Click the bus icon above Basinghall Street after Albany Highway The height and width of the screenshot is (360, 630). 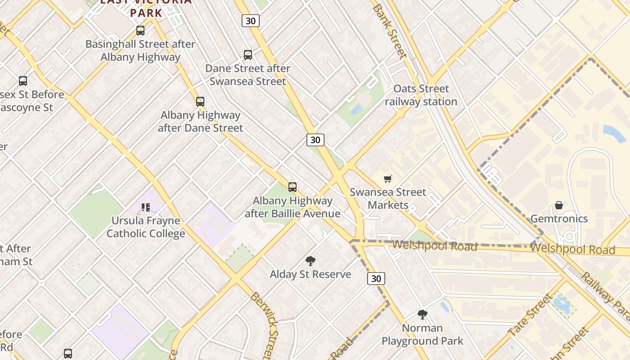(140, 31)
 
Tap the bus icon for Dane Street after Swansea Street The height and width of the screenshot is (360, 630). (248, 55)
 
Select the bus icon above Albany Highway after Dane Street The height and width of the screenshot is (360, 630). (200, 102)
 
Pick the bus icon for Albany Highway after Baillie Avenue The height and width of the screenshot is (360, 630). (292, 187)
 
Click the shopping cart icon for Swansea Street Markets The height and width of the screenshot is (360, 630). (388, 179)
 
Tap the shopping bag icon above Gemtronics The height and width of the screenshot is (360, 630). (559, 206)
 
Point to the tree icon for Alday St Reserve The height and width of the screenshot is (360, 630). (310, 261)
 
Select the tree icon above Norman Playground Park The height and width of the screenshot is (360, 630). (422, 315)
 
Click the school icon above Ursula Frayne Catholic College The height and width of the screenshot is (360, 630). (146, 207)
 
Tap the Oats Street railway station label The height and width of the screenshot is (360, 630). (421, 95)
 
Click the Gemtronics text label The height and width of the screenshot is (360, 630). (559, 219)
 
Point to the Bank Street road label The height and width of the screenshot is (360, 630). (390, 31)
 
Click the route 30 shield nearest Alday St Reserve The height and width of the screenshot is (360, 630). (376, 279)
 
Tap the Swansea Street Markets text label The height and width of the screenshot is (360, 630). (388, 199)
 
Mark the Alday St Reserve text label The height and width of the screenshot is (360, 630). (310, 274)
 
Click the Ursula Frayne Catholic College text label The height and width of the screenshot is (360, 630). (146, 227)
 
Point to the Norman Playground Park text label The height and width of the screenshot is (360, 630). (422, 334)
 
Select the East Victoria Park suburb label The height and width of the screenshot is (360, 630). (146, 7)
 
